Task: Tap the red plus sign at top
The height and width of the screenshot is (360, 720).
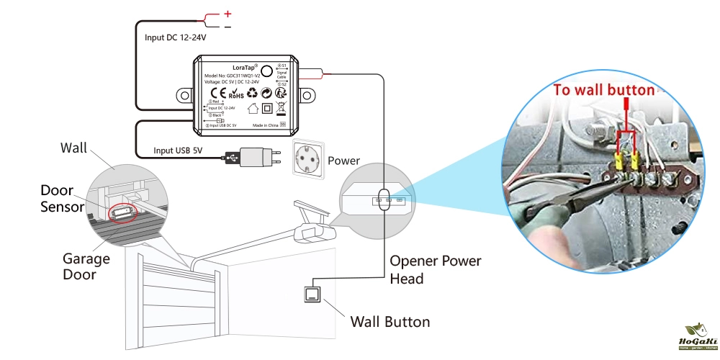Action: point(228,13)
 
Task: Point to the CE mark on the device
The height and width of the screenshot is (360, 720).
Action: point(215,92)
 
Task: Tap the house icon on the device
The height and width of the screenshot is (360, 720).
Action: point(253,109)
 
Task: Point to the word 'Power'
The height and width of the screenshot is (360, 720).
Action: point(343,161)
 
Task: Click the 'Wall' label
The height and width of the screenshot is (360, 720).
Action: point(73,148)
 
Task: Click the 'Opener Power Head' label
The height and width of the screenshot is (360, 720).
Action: point(435,269)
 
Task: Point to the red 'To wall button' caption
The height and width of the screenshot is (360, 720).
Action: point(604,90)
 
